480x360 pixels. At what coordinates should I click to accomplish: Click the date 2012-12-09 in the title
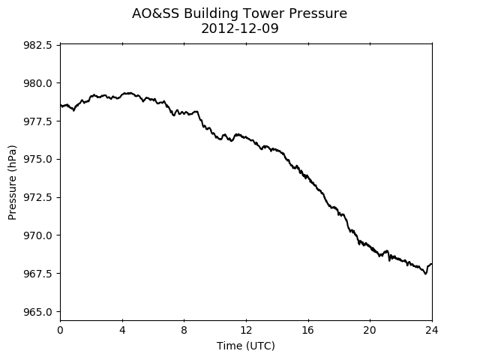click(240, 28)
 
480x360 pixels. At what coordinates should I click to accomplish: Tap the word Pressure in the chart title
click(318, 13)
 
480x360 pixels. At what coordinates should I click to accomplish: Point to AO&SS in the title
click(155, 13)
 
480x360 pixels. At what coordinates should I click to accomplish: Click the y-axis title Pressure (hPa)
click(12, 182)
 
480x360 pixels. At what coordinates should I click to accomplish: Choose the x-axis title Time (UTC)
click(246, 346)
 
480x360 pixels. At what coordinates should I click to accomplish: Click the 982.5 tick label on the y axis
click(37, 45)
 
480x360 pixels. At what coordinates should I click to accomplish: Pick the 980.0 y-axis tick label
click(37, 83)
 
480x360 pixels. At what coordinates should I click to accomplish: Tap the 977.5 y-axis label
click(37, 121)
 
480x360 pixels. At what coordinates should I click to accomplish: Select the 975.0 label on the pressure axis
click(37, 160)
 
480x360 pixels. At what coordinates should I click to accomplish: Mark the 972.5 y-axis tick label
click(37, 197)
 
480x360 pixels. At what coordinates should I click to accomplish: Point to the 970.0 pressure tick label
click(37, 235)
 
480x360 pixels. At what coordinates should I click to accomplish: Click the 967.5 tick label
click(37, 273)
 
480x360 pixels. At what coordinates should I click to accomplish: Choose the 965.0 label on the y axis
click(37, 312)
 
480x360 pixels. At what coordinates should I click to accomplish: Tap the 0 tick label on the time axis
click(60, 330)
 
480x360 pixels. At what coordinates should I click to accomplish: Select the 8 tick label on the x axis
click(184, 330)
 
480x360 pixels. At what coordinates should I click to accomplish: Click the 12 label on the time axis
click(246, 330)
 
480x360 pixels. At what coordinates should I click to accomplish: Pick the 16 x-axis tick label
click(308, 330)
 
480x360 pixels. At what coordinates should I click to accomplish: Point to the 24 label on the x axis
click(432, 330)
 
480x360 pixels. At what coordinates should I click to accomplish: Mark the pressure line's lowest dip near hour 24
click(425, 274)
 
